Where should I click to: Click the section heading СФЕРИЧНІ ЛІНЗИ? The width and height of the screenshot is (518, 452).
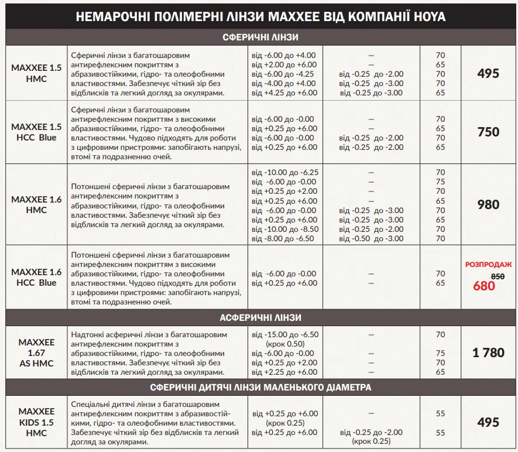[261, 37]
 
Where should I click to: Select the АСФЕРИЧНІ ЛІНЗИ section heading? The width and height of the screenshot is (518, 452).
[261, 317]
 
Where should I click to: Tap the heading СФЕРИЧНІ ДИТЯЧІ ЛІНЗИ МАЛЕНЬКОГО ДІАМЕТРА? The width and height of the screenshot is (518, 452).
[261, 387]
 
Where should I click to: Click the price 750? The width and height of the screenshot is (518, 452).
[488, 132]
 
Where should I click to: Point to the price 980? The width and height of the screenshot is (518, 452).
[488, 204]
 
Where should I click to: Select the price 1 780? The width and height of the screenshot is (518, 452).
[488, 352]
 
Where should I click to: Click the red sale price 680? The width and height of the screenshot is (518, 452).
[484, 286]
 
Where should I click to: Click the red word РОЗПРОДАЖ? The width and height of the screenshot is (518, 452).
[488, 265]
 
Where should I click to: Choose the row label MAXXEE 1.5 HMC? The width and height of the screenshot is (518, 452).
[36, 73]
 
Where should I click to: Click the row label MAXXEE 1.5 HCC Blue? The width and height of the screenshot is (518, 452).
[36, 132]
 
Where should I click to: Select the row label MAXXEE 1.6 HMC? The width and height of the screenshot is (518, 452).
[36, 204]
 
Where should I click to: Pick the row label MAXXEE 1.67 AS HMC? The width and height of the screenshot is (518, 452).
[36, 352]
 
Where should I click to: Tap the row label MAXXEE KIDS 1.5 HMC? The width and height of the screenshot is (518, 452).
[36, 422]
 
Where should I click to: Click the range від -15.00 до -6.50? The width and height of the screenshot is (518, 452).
[285, 334]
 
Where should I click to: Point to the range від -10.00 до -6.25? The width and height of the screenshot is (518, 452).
[285, 173]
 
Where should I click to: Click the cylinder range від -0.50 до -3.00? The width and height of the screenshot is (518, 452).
[372, 238]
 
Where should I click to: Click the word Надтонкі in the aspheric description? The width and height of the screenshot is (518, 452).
[88, 334]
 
